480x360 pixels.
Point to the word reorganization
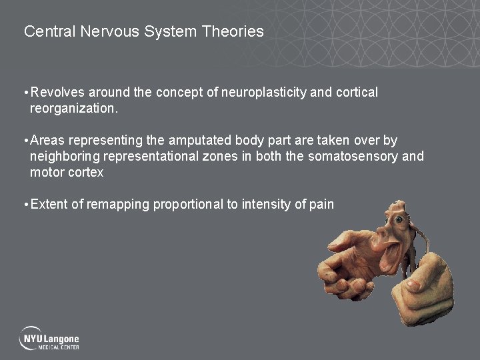(x=73, y=109)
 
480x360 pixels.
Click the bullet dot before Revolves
(x=25, y=93)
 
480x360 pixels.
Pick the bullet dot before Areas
(x=25, y=141)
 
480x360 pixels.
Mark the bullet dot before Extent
(x=25, y=205)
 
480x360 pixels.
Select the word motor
(x=46, y=173)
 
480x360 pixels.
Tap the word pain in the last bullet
(x=321, y=205)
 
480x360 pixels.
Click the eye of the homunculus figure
(x=399, y=219)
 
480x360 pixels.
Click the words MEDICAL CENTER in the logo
(x=61, y=347)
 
